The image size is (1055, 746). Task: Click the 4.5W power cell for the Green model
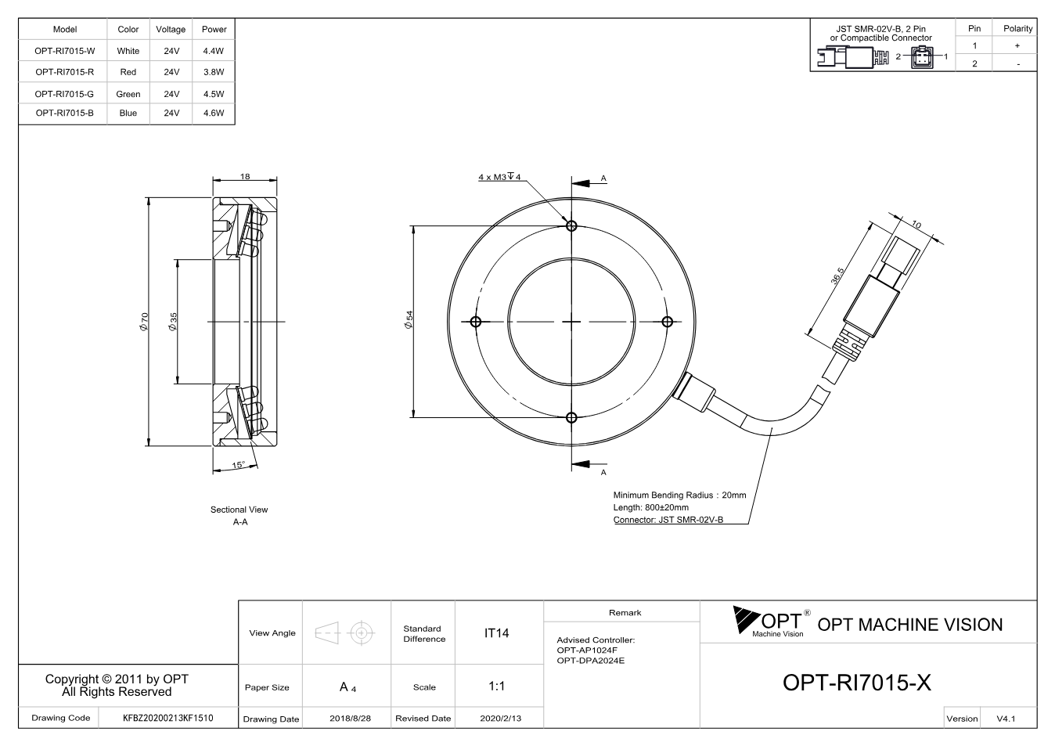click(214, 94)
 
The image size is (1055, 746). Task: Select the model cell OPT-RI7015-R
click(64, 72)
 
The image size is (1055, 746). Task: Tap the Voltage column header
click(171, 29)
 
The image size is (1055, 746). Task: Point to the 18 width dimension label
click(245, 177)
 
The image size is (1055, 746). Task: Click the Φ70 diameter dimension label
click(144, 321)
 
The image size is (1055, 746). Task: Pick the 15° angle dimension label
click(239, 465)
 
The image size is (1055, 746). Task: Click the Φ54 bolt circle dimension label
click(409, 319)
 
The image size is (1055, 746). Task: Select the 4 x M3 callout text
click(499, 177)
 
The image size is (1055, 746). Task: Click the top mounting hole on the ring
click(571, 226)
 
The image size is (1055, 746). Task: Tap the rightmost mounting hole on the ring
click(667, 322)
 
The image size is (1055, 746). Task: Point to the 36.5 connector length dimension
click(837, 276)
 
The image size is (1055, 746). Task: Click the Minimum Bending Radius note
click(679, 495)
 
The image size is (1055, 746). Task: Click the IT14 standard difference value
click(496, 633)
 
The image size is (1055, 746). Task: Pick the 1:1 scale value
click(496, 687)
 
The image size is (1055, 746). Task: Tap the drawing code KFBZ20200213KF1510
click(168, 718)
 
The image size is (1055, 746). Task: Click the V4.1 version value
click(1006, 719)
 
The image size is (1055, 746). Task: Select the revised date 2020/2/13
click(501, 719)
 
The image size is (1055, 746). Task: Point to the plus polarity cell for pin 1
click(1017, 45)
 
